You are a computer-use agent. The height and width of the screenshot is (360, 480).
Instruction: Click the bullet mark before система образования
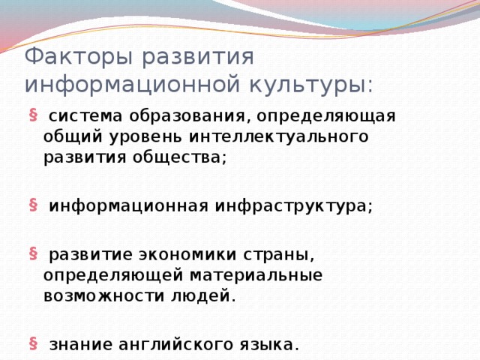(x=33, y=115)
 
